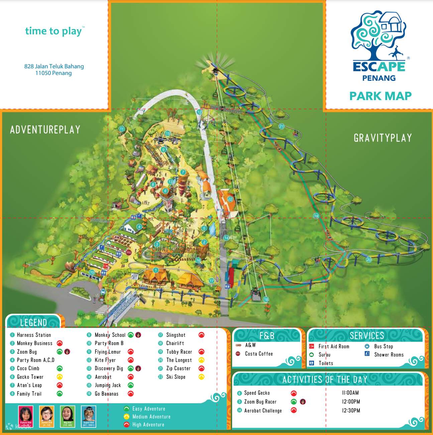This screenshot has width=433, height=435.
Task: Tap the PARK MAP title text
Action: click(x=381, y=96)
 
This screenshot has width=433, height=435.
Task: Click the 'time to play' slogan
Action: click(x=54, y=31)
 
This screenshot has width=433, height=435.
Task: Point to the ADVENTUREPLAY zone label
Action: click(x=45, y=129)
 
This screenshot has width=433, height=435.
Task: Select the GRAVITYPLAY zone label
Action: click(x=383, y=138)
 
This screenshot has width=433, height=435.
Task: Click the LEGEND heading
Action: click(x=33, y=322)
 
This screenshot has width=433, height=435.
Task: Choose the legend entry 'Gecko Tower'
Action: click(x=30, y=377)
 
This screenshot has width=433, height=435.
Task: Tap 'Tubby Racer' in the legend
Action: click(x=179, y=352)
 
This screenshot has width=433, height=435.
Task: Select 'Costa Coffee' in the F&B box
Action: click(x=259, y=354)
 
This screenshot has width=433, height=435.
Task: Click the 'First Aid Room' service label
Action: click(x=334, y=346)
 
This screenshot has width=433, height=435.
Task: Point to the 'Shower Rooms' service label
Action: click(x=389, y=355)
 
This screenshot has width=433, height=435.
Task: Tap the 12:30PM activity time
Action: click(x=351, y=411)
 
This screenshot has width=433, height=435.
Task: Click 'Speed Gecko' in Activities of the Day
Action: click(x=257, y=393)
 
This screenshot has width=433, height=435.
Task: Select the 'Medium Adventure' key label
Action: click(x=151, y=417)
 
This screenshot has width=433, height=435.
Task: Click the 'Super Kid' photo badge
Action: click(x=89, y=416)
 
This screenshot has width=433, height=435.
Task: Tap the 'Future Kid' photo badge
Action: click(x=26, y=416)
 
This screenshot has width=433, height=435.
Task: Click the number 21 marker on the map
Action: click(x=282, y=126)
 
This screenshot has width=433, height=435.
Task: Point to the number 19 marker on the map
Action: click(x=316, y=216)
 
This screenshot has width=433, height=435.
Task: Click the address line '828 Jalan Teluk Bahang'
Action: click(x=54, y=66)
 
